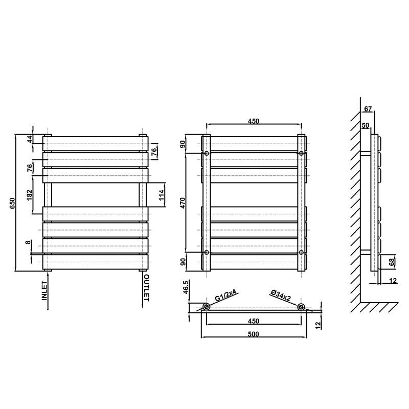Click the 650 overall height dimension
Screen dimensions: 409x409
click(x=12, y=203)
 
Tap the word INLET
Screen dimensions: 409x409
click(x=44, y=290)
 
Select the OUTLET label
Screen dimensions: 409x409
click(x=147, y=288)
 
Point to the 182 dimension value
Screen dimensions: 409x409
click(x=29, y=195)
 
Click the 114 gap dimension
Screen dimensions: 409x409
click(x=162, y=195)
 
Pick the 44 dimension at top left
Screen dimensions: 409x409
click(x=31, y=139)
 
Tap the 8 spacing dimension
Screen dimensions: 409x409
click(x=28, y=242)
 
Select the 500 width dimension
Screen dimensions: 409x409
click(x=253, y=334)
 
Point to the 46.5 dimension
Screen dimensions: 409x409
click(x=186, y=287)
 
